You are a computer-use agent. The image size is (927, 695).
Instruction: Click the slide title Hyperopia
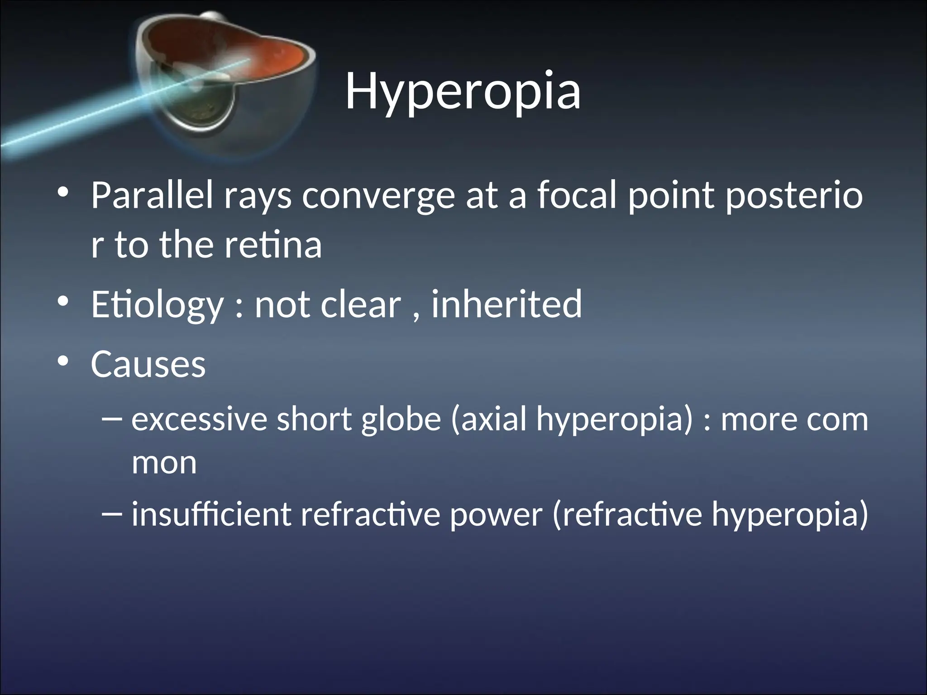pyautogui.click(x=463, y=91)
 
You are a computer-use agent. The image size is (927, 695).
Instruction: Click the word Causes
pyautogui.click(x=148, y=364)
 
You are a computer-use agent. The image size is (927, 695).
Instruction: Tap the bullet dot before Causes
pyautogui.click(x=63, y=362)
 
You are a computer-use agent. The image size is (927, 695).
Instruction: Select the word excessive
pyautogui.click(x=199, y=419)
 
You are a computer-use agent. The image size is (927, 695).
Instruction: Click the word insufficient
pyautogui.click(x=211, y=514)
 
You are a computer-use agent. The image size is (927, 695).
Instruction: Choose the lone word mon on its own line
pyautogui.click(x=164, y=463)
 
